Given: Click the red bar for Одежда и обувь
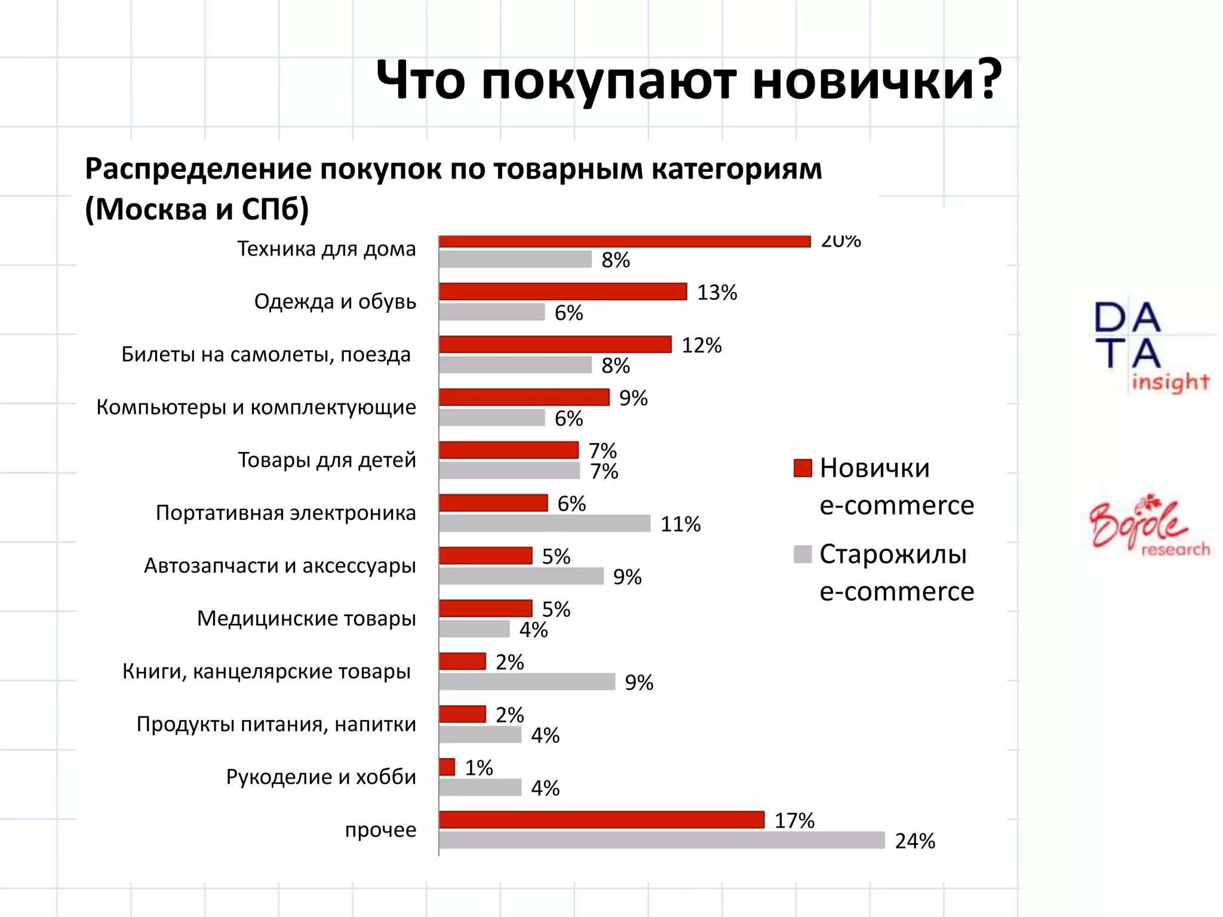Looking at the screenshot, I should [x=563, y=291].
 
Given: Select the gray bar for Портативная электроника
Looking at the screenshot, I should [x=544, y=524].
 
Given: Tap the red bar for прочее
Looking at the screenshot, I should [x=601, y=820].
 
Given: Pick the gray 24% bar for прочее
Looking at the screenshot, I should [x=662, y=841].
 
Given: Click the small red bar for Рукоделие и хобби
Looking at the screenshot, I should [x=447, y=767].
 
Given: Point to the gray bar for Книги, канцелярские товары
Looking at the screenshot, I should [x=527, y=682].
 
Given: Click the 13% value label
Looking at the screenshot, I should [x=717, y=293].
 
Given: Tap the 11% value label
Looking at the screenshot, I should [x=680, y=524].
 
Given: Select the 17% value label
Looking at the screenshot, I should [x=794, y=821].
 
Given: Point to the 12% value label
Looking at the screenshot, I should [x=702, y=346].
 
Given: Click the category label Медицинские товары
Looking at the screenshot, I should [x=306, y=618].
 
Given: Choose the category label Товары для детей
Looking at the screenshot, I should [x=327, y=460].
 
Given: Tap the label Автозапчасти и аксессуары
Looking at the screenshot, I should [x=279, y=566].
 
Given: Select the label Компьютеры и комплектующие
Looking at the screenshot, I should [x=256, y=408].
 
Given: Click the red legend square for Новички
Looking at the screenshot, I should [x=803, y=468].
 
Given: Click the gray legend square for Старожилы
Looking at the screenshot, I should [x=803, y=554].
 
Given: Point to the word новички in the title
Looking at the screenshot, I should [x=877, y=81].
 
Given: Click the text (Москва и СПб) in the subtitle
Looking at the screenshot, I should [x=197, y=209].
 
